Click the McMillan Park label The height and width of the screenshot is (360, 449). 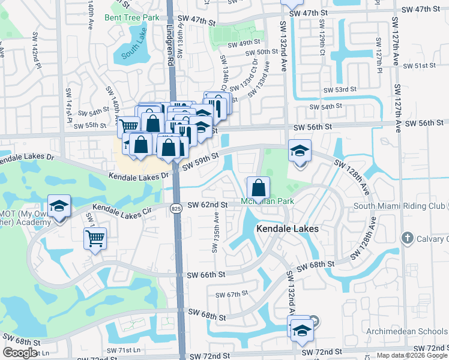click(x=268, y=201)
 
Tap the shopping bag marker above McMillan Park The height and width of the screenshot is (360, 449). click(x=258, y=188)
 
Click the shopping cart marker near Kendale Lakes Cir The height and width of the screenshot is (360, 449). click(x=95, y=239)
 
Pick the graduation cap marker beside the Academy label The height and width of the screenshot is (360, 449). click(x=59, y=206)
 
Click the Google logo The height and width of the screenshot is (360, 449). click(x=20, y=353)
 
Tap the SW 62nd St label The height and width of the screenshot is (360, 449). click(x=208, y=205)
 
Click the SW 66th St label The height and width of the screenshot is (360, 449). click(x=205, y=274)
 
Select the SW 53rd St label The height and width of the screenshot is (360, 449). click(x=340, y=89)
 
